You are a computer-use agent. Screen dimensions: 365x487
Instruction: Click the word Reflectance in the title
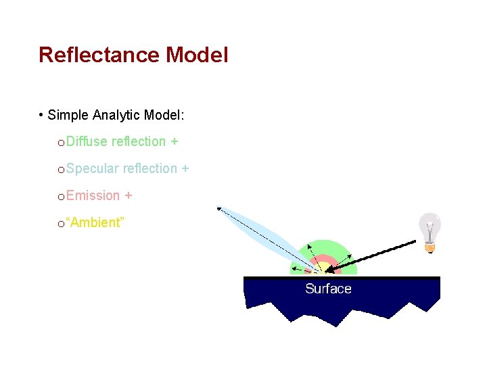pos(99,55)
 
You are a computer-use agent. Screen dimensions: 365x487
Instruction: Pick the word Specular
pos(93,169)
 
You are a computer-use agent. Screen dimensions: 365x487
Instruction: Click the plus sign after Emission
pos(128,196)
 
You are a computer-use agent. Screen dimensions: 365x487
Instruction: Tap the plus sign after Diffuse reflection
pos(174,142)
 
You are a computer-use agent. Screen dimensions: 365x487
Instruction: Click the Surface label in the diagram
pos(328,289)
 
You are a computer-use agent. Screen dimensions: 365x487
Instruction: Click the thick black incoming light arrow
pos(379,254)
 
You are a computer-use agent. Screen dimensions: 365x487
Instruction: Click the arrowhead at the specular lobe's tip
pos(218,208)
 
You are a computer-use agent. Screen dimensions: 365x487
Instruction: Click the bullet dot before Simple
pos(42,115)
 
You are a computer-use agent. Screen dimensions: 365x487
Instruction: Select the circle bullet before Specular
pos(61,170)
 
